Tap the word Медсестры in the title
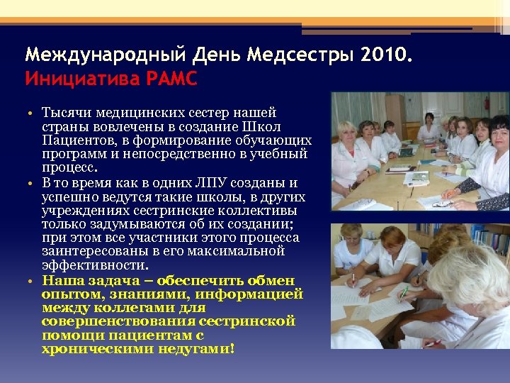pos(293,55)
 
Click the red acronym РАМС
pos(171,78)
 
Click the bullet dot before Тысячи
pos(33,113)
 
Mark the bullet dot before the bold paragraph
pos(33,281)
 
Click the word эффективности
pos(95,265)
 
